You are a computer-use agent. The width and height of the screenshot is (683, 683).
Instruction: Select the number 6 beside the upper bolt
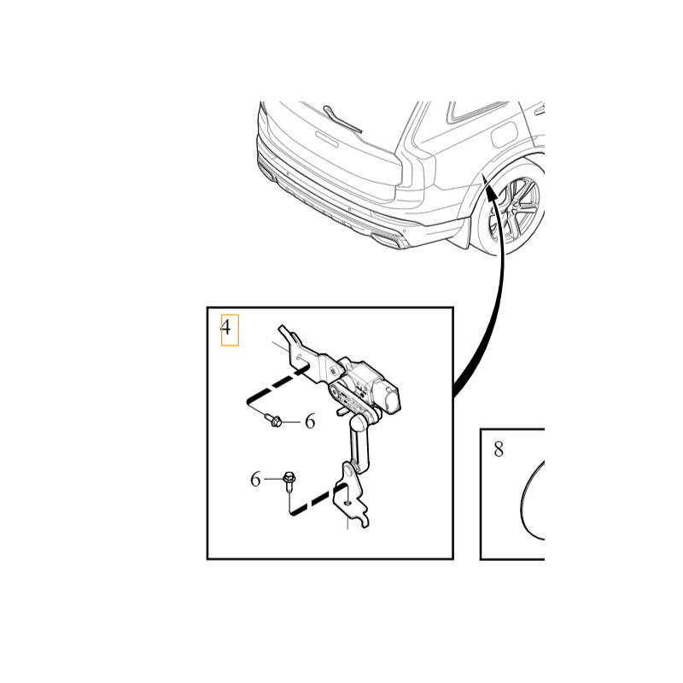coord(310,422)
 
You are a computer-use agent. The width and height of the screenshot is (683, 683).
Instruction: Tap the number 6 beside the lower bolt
coord(255,479)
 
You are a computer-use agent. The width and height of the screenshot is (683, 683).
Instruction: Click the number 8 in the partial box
coord(499,449)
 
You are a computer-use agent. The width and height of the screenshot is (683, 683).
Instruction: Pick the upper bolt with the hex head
coord(273,420)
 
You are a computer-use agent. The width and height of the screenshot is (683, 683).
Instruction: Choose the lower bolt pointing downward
coord(289,481)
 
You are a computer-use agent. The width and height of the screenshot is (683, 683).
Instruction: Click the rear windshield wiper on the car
coord(342,119)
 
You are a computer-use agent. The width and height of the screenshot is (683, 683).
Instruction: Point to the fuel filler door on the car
coord(505,135)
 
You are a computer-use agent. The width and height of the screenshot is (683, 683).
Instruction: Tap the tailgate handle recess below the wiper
coord(327,138)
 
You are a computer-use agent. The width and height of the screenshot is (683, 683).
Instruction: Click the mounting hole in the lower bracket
coord(347,502)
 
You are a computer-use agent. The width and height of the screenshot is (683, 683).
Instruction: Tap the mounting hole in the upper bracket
coord(299,357)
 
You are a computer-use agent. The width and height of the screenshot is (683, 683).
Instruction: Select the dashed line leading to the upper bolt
coord(277,386)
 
